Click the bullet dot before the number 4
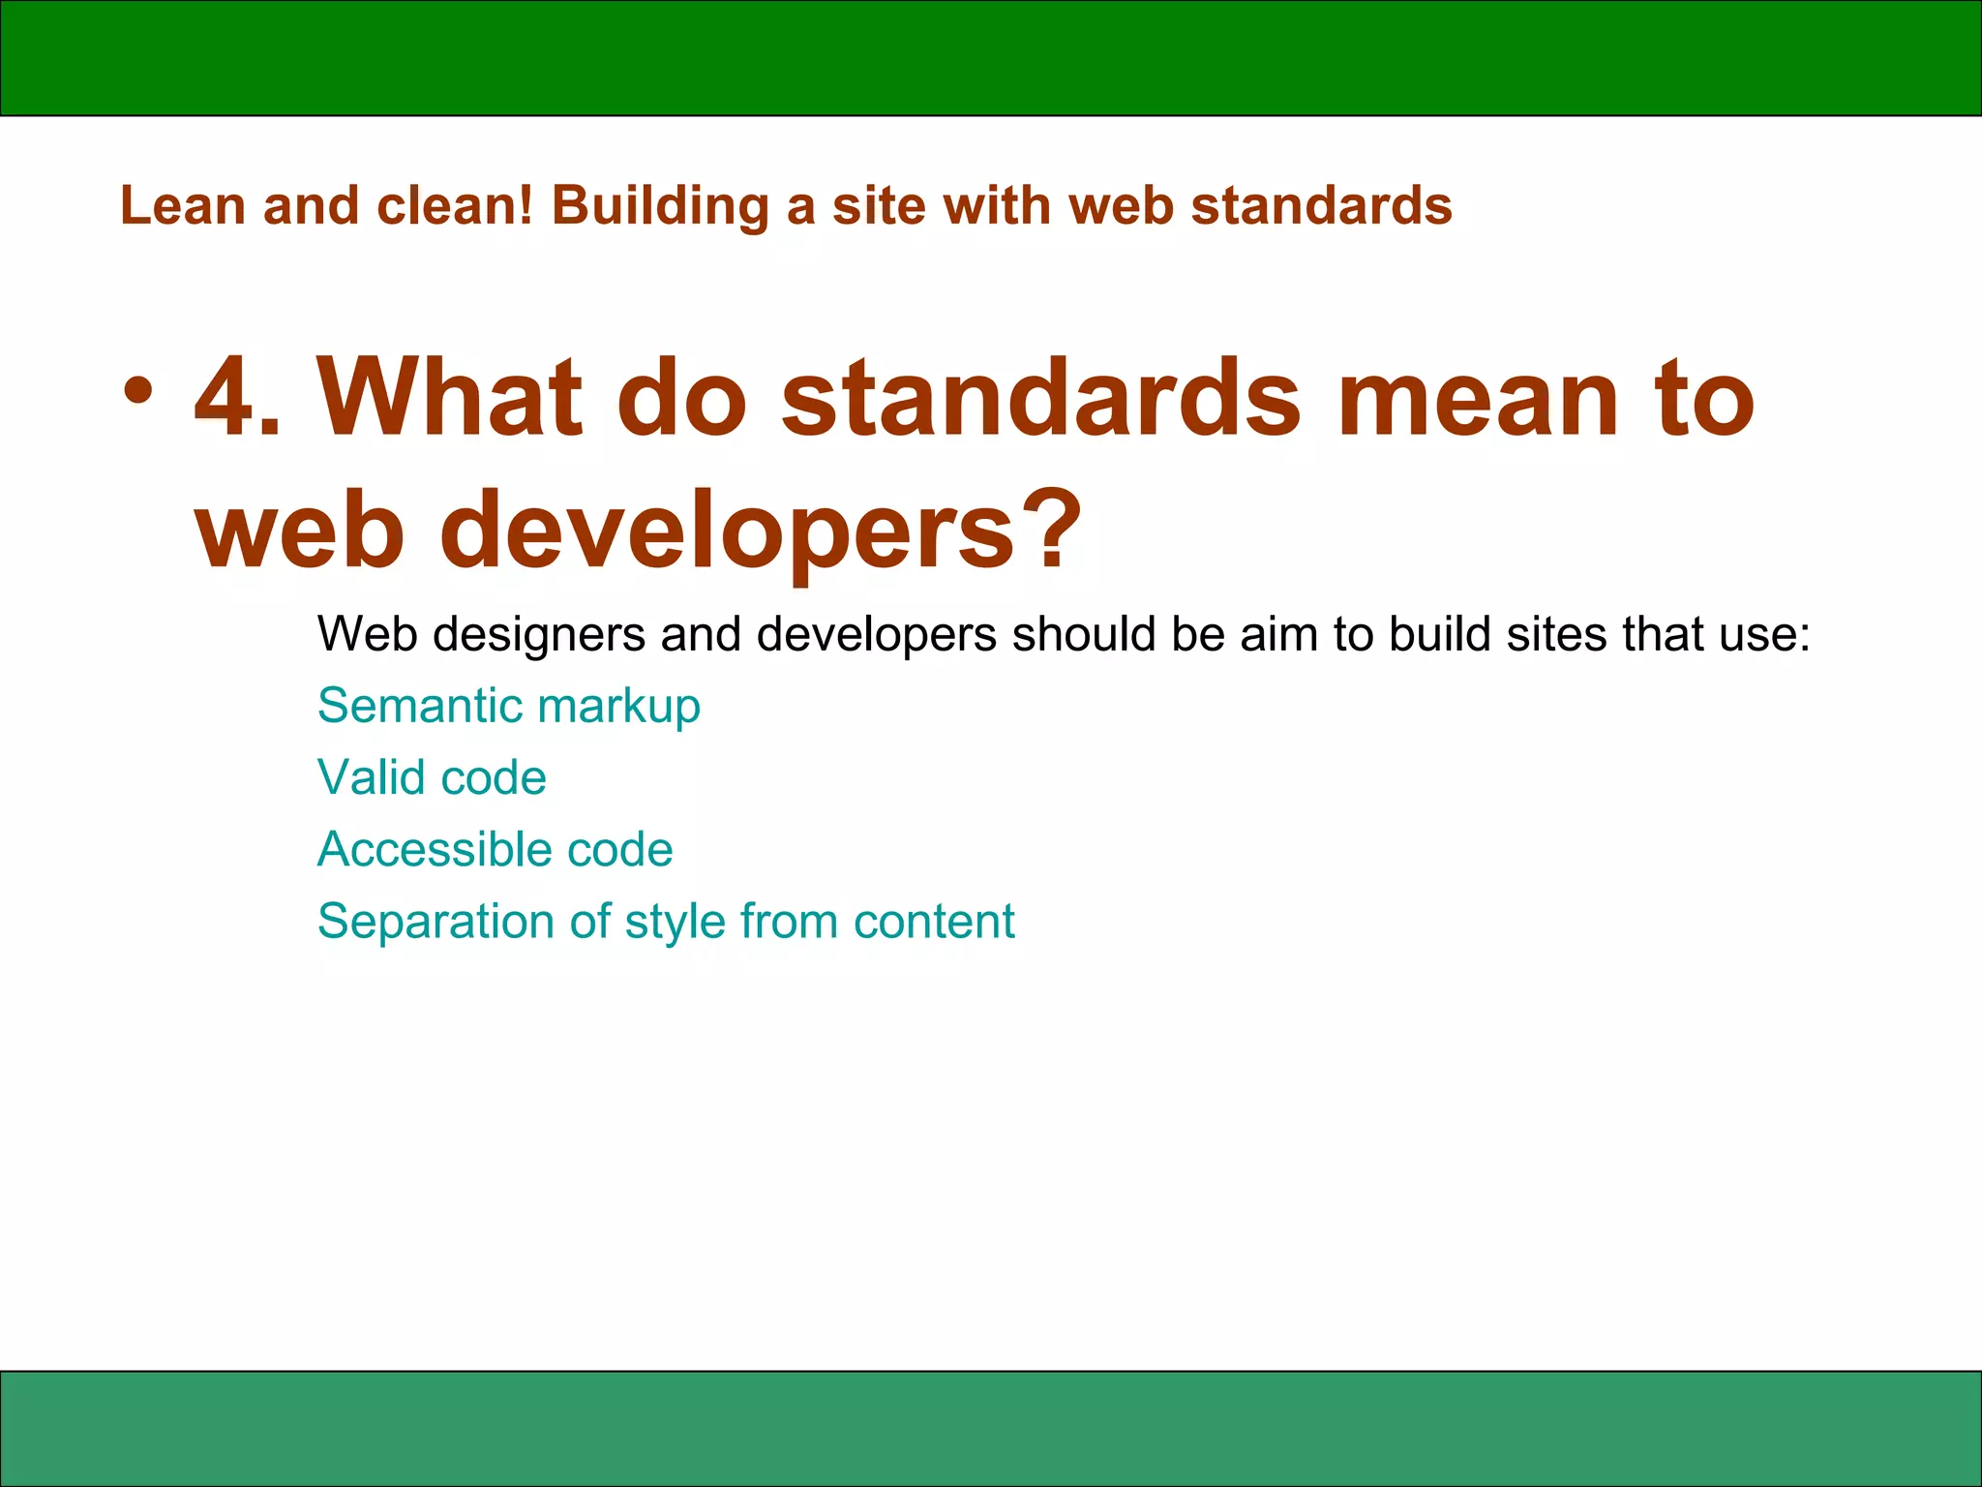(138, 391)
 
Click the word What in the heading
(451, 398)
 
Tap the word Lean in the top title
(182, 206)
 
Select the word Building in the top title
(660, 206)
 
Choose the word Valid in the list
(372, 777)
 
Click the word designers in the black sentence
(539, 635)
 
